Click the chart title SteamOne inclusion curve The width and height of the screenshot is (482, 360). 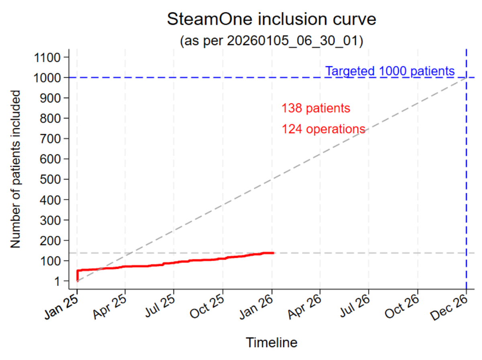point(272,19)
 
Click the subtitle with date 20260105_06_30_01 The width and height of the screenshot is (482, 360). point(272,41)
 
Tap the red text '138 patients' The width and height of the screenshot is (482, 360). point(315,108)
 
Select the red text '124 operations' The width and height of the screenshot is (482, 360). point(323,129)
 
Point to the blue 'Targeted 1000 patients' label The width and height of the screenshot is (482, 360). point(390,72)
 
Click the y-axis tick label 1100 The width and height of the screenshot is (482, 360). point(47,57)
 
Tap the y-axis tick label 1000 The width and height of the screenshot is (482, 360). point(47,78)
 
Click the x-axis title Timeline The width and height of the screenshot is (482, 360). point(272,343)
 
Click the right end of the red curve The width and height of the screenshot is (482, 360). point(274,253)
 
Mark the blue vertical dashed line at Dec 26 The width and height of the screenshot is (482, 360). point(466,181)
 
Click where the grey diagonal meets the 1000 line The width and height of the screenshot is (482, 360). point(466,77)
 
